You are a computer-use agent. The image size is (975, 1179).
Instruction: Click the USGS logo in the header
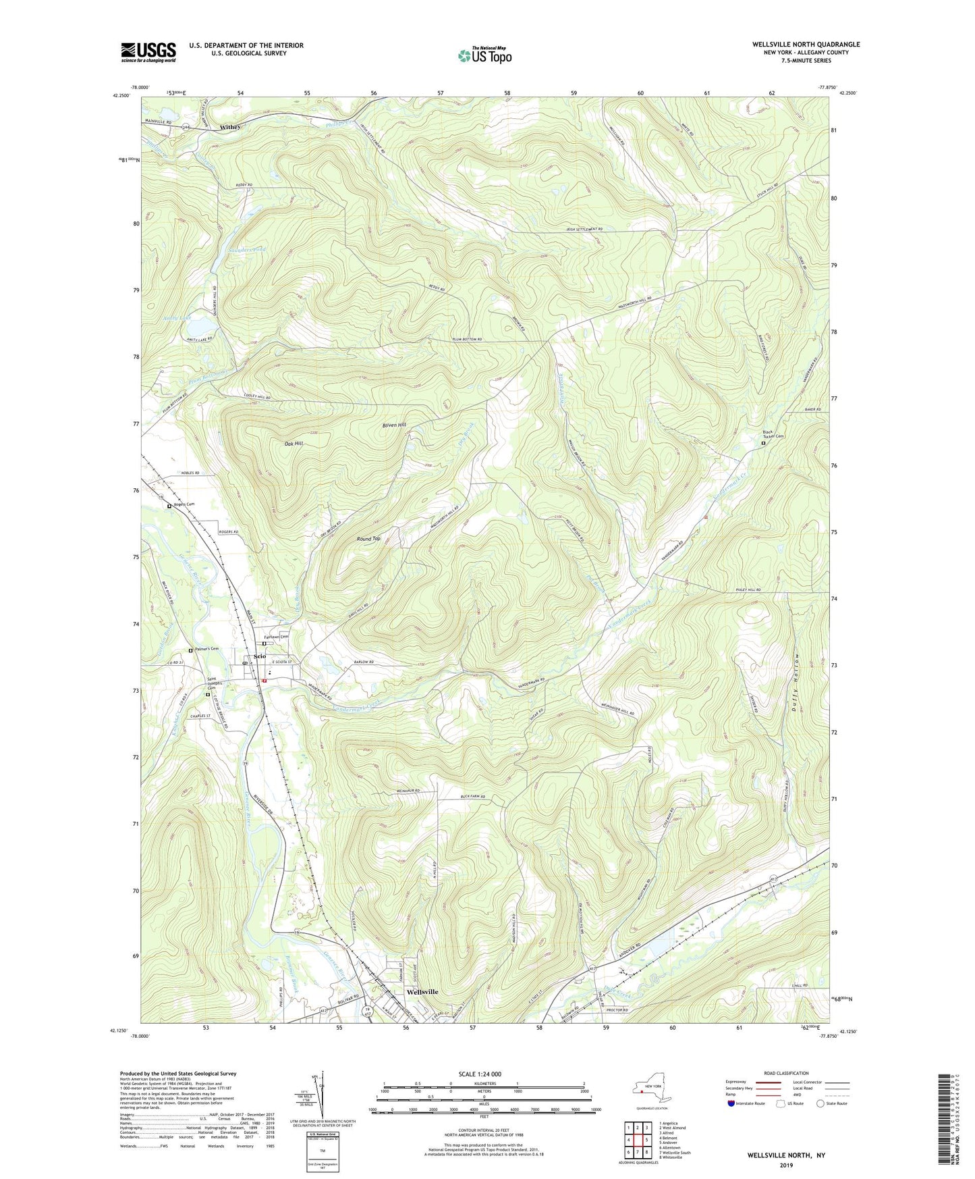(x=148, y=52)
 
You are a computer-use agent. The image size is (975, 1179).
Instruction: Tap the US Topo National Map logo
(x=484, y=55)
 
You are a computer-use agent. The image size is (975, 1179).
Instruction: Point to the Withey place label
(x=230, y=126)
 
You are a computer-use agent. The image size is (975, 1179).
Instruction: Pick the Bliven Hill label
(x=394, y=425)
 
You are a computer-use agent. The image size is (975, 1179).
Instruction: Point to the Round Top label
(x=368, y=538)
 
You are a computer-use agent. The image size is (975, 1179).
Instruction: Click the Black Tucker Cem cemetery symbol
(x=763, y=444)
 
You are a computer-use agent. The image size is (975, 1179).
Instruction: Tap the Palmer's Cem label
(x=206, y=649)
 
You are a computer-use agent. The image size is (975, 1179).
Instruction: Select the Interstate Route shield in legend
(x=732, y=1103)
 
